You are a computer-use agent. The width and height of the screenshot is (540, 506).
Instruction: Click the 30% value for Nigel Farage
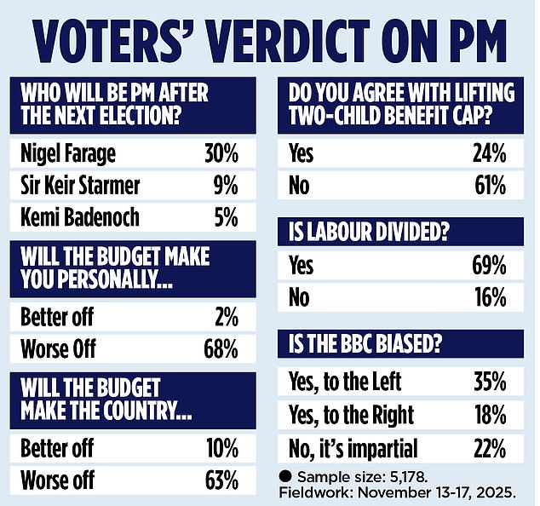(220, 156)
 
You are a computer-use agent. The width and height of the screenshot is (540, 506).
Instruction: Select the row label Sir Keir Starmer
(81, 186)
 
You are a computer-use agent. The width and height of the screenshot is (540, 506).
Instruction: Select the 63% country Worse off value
(220, 479)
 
